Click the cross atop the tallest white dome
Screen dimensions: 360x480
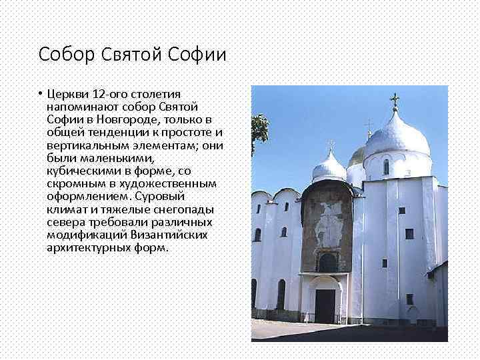tap(394, 101)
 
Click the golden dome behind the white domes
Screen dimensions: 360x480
tap(357, 157)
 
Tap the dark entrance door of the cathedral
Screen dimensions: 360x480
tap(325, 306)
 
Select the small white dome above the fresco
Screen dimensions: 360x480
tap(329, 167)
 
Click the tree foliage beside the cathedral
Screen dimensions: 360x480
tap(258, 130)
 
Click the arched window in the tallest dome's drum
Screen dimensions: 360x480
tap(386, 167)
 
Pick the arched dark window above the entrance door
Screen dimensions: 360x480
tap(327, 262)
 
